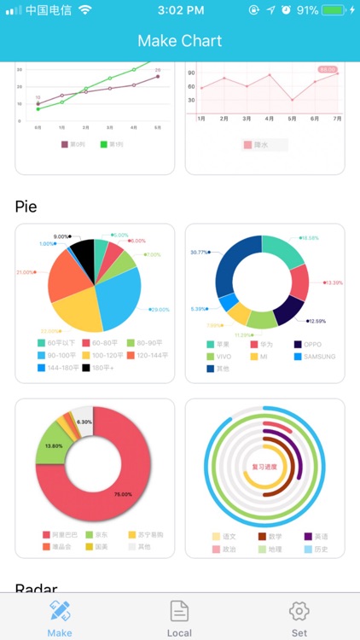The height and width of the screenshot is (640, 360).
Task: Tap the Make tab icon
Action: coord(60,611)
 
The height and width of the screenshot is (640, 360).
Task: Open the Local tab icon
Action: coord(179,611)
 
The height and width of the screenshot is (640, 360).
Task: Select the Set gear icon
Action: coord(299,611)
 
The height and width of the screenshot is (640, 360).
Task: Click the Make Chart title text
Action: coord(180,41)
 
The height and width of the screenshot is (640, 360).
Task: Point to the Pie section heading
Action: coord(26,207)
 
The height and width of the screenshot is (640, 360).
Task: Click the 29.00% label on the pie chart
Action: coord(160,310)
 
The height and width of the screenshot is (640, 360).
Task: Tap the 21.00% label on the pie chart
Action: coord(26,272)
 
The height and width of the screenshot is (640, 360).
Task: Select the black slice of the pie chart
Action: coord(83,253)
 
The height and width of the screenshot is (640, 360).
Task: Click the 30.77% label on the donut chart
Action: coord(200,252)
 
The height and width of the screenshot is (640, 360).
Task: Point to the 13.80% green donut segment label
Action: coord(53,445)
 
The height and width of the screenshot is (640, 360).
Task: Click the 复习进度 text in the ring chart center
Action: coord(264,467)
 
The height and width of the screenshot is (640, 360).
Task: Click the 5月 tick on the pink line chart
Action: coord(292,119)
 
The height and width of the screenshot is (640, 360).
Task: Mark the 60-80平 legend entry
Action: coord(102,343)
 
